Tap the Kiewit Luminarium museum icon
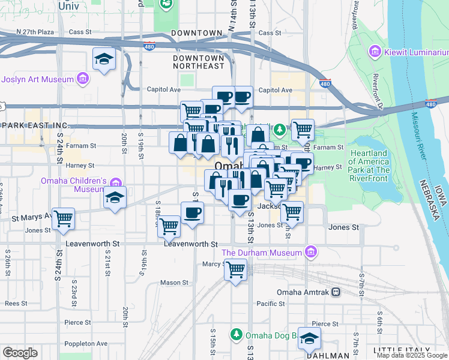tap(376, 52)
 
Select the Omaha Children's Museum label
tap(73, 185)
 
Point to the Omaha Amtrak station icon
tap(336, 292)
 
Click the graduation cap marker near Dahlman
tap(310, 338)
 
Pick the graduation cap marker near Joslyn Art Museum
tap(104, 59)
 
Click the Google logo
tap(20, 353)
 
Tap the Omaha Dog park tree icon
tap(237, 334)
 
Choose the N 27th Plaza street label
tap(35, 31)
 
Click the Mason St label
tap(174, 283)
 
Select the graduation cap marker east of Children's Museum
tap(115, 198)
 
